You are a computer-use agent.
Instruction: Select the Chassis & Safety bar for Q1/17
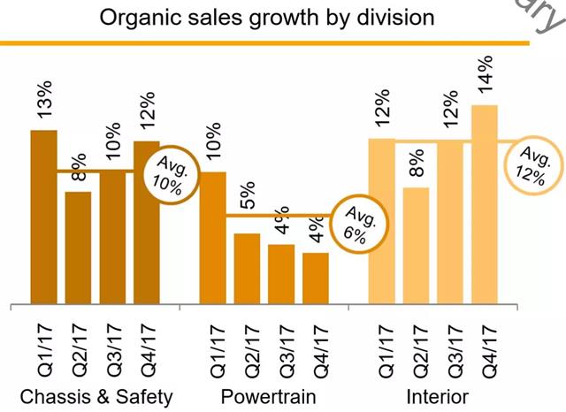pos(44,217)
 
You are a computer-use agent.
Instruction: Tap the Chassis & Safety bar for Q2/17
pos(79,248)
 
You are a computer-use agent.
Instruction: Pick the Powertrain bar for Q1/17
pos(213,237)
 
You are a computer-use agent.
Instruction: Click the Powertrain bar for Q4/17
pos(316,278)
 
